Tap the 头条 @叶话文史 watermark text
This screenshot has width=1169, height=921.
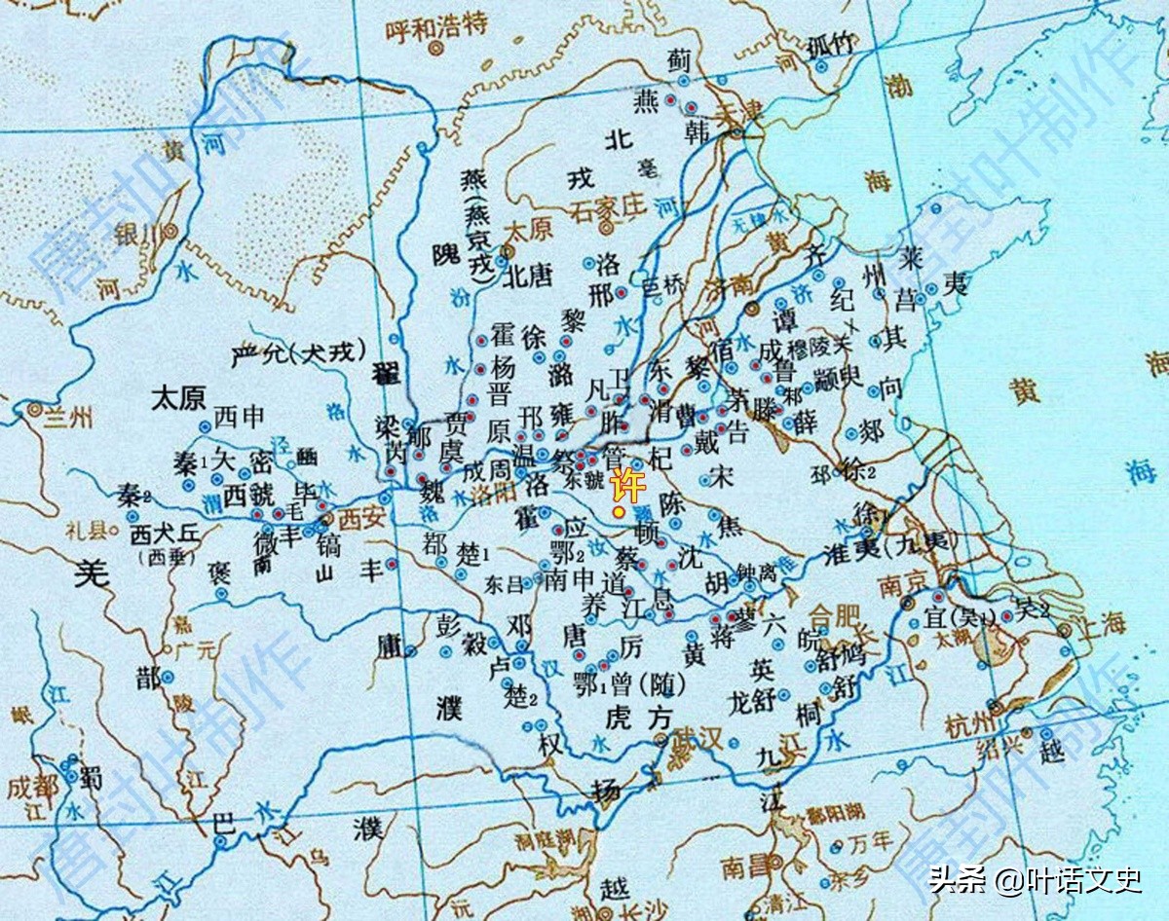tap(1035, 881)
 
